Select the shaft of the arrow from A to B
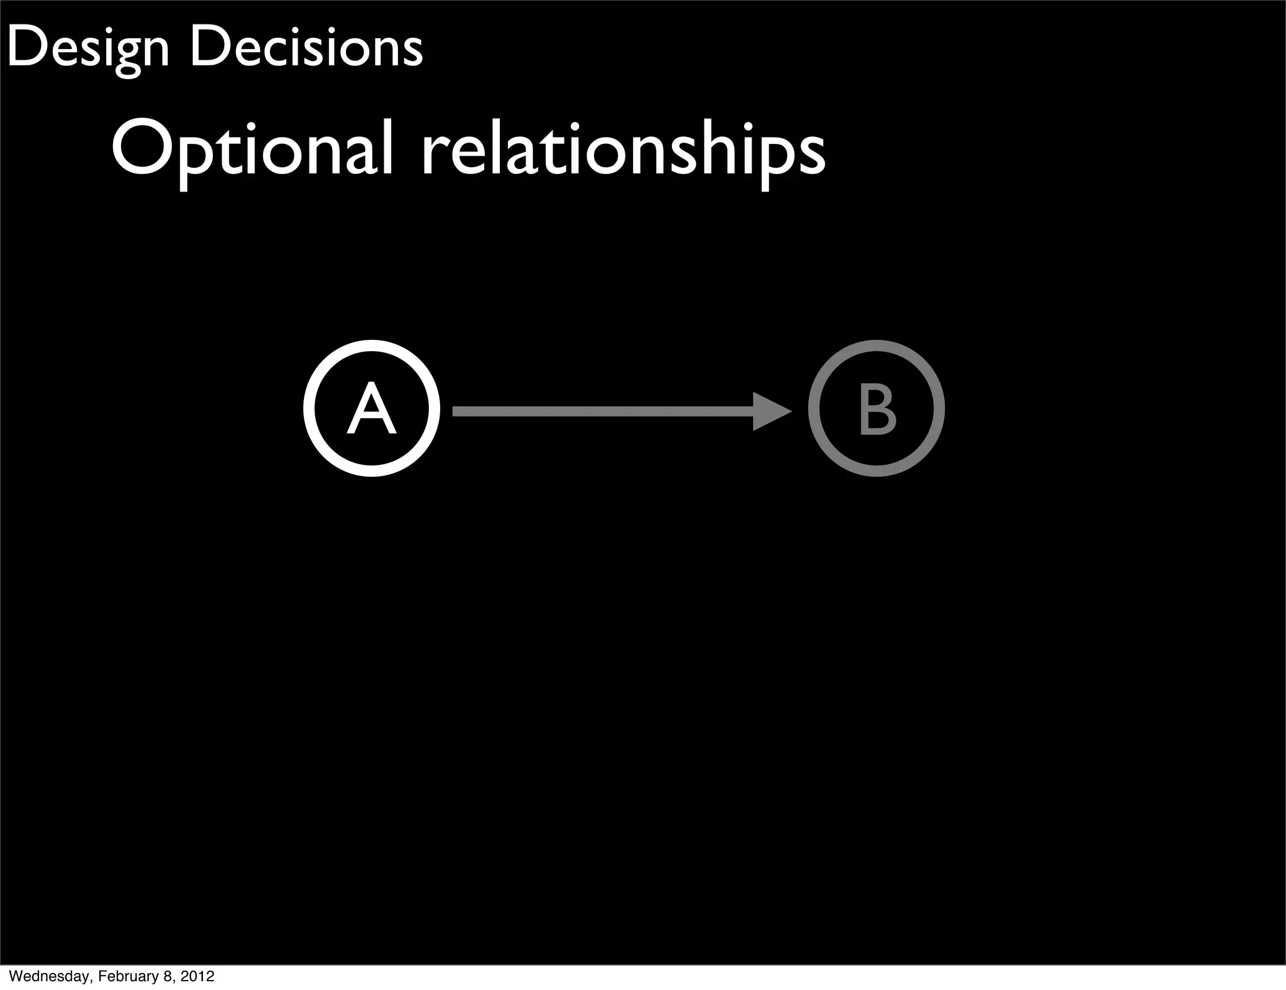coord(603,411)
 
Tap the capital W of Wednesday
coord(15,976)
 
